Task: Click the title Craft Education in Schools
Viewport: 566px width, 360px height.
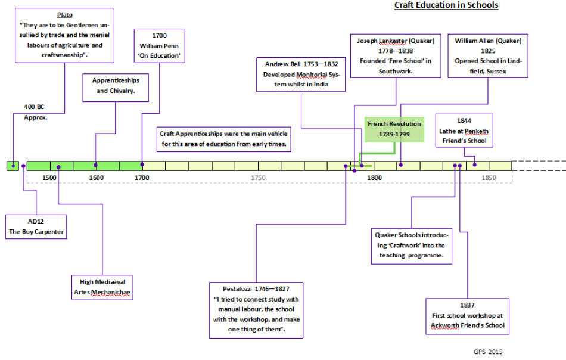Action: [446, 5]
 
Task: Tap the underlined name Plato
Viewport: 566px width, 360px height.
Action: [64, 15]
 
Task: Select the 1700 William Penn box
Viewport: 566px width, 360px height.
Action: [159, 46]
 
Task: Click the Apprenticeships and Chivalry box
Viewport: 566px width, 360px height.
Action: [116, 88]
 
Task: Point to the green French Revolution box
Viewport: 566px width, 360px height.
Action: [394, 129]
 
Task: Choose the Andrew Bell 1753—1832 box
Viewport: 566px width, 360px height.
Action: [301, 75]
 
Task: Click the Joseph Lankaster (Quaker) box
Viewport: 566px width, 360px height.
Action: [396, 56]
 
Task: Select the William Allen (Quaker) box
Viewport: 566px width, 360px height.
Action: [488, 56]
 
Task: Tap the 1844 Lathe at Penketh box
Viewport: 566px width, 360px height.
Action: [464, 131]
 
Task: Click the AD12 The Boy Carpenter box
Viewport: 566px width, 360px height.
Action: [36, 226]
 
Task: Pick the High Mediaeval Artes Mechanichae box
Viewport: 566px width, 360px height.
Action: [102, 287]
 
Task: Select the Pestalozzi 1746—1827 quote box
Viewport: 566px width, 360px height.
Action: [256, 310]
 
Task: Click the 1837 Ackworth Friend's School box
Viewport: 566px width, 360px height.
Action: [468, 316]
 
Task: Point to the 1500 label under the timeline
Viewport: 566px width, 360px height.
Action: [49, 178]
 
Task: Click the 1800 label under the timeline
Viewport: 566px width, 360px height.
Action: [374, 178]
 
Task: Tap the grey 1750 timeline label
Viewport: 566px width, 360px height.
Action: [258, 178]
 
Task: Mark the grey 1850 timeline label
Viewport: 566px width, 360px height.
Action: [489, 178]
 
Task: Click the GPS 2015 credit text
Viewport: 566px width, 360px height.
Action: [488, 352]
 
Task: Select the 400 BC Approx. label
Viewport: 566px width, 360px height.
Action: [35, 112]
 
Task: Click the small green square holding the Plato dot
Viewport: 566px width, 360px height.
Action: [13, 166]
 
